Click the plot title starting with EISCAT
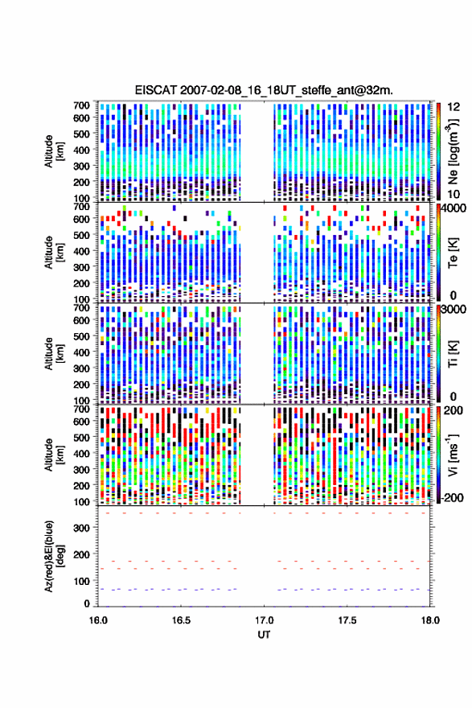(264, 90)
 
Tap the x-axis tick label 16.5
(181, 620)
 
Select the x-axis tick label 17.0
(264, 620)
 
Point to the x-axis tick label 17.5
(347, 620)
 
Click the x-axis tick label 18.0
(430, 620)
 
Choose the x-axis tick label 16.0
(98, 620)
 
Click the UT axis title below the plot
(264, 635)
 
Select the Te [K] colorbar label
(453, 253)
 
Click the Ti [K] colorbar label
(453, 354)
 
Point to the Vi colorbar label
(453, 455)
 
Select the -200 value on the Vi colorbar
(452, 497)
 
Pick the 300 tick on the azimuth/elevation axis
(81, 528)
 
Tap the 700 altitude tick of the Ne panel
(81, 105)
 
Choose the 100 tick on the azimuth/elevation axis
(81, 581)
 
